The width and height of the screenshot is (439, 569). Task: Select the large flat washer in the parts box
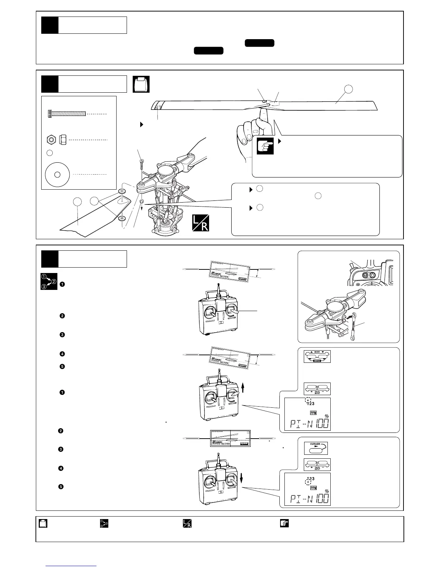coord(57,175)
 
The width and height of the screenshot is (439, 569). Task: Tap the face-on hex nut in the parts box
coord(51,139)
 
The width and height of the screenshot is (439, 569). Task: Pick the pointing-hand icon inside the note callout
coord(265,146)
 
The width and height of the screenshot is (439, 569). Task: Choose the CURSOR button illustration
coord(316,448)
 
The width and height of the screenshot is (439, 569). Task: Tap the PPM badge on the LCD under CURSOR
coord(313,488)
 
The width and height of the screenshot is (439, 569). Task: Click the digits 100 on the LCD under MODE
coord(322,424)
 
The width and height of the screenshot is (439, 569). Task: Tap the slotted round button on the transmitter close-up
coord(365,275)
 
